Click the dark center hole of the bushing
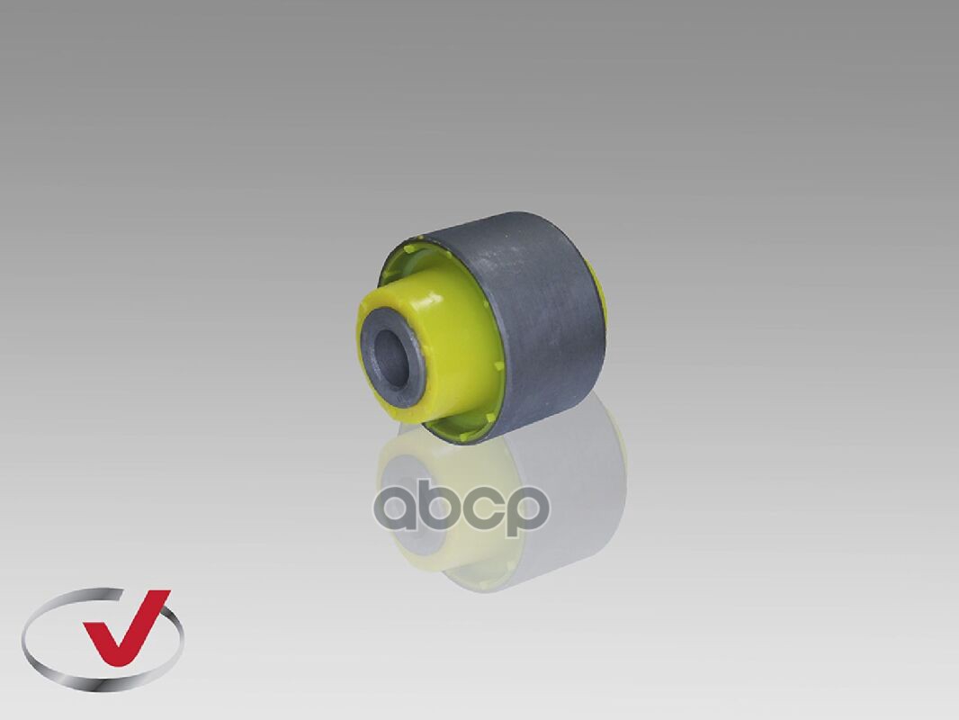coord(389,358)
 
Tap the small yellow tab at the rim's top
coord(421,236)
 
